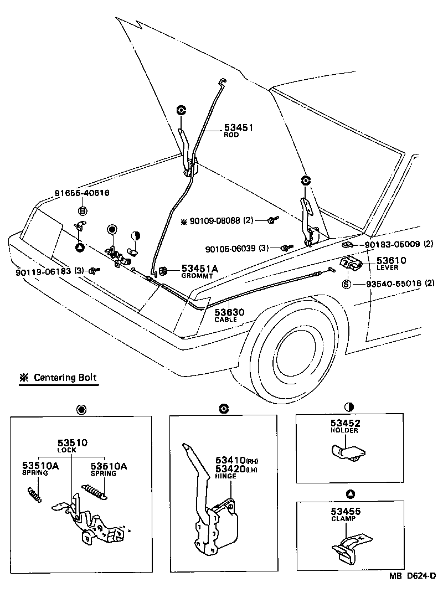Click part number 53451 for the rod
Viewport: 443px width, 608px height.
tap(238, 127)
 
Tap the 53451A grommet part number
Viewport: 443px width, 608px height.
tap(199, 269)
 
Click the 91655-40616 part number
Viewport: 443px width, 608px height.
tap(81, 193)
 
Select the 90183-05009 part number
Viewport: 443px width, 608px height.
tap(393, 244)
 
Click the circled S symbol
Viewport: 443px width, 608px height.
tap(347, 284)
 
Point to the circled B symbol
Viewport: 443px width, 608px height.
tap(82, 211)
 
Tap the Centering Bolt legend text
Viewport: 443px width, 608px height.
tap(65, 378)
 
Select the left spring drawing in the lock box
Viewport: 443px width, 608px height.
tap(34, 492)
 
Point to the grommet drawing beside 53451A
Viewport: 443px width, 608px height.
tap(164, 270)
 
